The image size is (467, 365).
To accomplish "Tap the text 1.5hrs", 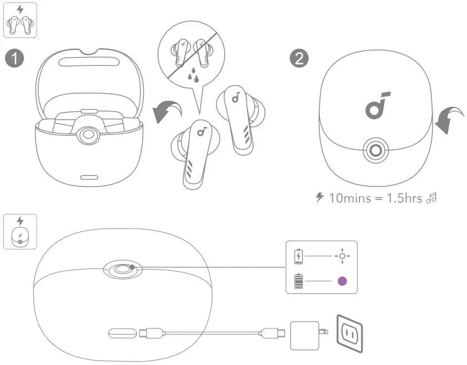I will (406, 198).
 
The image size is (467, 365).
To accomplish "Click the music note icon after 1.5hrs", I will (431, 198).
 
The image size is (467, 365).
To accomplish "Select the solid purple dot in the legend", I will (343, 281).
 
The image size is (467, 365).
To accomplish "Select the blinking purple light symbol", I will (342, 256).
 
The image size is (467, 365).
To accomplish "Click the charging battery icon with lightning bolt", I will (299, 256).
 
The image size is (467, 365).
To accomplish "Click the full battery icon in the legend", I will (299, 282).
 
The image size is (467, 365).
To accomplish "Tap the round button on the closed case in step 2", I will (376, 150).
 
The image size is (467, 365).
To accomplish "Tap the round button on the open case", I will (88, 135).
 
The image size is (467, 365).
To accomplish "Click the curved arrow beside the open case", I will (168, 111).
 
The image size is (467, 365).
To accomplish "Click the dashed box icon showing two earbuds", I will (20, 20).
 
